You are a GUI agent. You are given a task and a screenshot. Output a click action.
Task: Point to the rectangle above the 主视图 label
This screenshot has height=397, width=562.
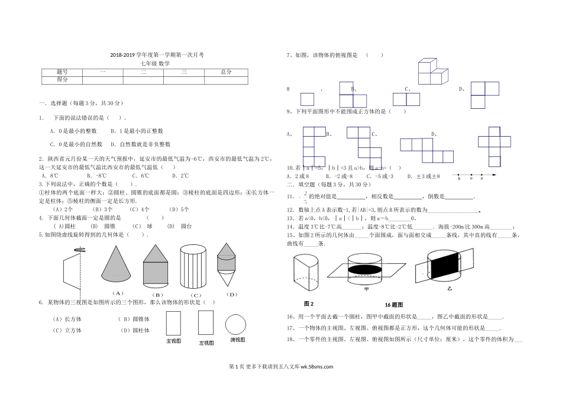pyautogui.click(x=173, y=324)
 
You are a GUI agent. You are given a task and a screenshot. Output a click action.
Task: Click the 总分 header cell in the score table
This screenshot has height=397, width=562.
pyautogui.click(x=225, y=72)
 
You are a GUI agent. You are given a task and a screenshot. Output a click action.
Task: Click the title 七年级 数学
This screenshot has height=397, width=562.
pyautogui.click(x=156, y=63)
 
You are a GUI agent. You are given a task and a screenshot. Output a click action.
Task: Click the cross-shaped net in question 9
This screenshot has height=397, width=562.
pyautogui.click(x=494, y=146)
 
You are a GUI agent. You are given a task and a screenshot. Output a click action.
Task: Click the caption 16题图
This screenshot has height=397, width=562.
pyautogui.click(x=393, y=305)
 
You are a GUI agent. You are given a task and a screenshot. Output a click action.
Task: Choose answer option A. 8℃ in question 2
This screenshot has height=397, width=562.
pyautogui.click(x=50, y=175)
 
